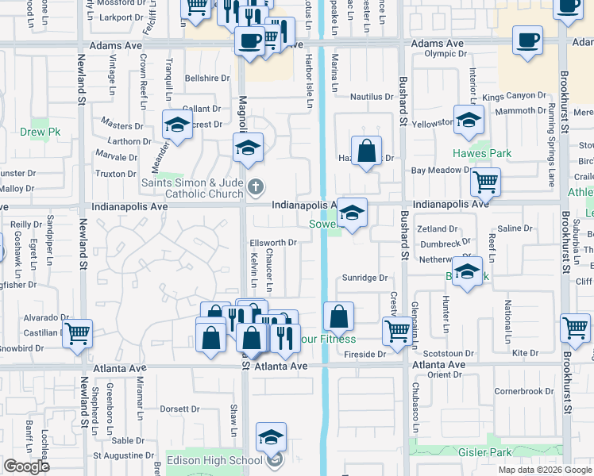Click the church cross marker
click(255, 188)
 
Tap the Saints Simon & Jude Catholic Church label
click(192, 188)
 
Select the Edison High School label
click(213, 461)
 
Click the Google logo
click(26, 466)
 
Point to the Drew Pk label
click(35, 129)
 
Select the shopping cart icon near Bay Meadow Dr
click(484, 182)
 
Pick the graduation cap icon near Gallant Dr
click(177, 124)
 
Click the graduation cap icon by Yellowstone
click(469, 119)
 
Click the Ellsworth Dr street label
click(272, 243)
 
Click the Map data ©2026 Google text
click(545, 470)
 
